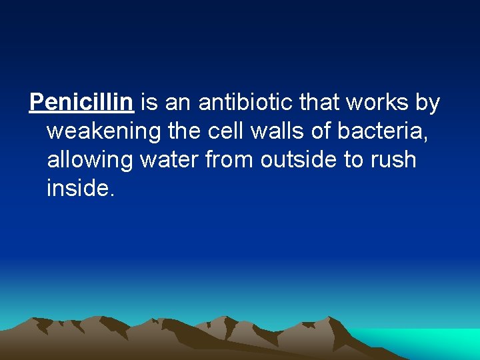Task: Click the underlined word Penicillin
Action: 82,103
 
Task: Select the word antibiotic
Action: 247,103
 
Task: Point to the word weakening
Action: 105,131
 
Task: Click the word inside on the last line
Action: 80,189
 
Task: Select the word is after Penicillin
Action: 149,103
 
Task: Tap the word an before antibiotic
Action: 177,103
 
